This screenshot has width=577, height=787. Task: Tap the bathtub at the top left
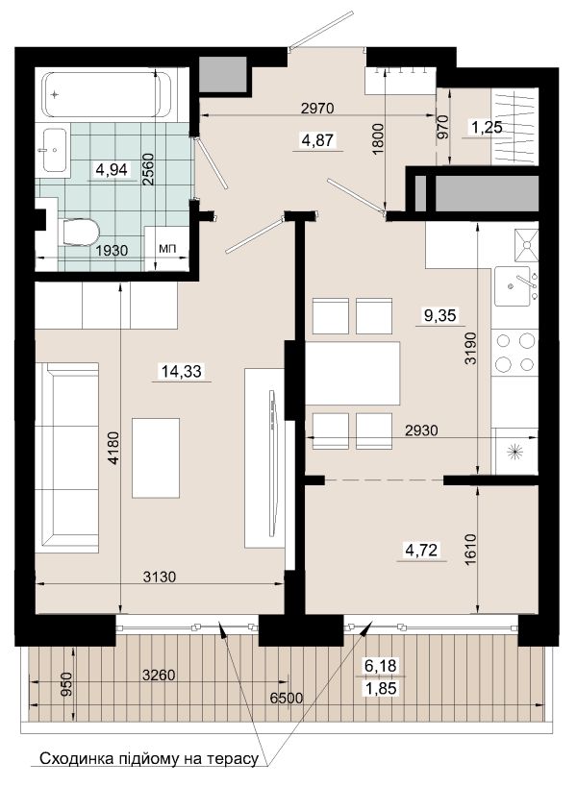108,95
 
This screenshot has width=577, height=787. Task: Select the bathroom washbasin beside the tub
55,150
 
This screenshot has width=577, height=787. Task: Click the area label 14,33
181,372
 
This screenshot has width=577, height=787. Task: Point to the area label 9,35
439,315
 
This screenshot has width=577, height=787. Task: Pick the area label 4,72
421,551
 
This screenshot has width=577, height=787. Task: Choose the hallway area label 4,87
317,140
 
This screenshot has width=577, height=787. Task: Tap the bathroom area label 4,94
112,170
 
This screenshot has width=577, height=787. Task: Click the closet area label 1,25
487,128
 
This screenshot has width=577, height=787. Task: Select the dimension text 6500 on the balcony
287,699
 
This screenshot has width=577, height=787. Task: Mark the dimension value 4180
114,448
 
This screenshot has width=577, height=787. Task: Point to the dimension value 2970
317,108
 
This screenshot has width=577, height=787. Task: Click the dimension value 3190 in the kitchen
470,348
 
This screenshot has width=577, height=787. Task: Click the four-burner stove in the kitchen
514,352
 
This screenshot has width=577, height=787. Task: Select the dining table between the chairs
353,374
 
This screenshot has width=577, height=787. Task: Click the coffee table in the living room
156,457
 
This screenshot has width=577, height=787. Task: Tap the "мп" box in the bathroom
166,249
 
